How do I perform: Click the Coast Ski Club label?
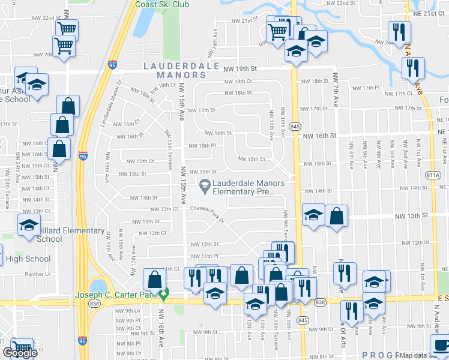[x=162, y=4]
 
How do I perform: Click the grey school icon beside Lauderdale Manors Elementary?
[x=205, y=185]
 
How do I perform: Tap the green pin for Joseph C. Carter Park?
[x=163, y=295]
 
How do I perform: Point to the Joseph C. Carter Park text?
[x=114, y=295]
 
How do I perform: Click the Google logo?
[x=20, y=353]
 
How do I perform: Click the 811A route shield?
[x=432, y=175]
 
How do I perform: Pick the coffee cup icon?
[x=442, y=346]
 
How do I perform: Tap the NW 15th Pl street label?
[x=202, y=146]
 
